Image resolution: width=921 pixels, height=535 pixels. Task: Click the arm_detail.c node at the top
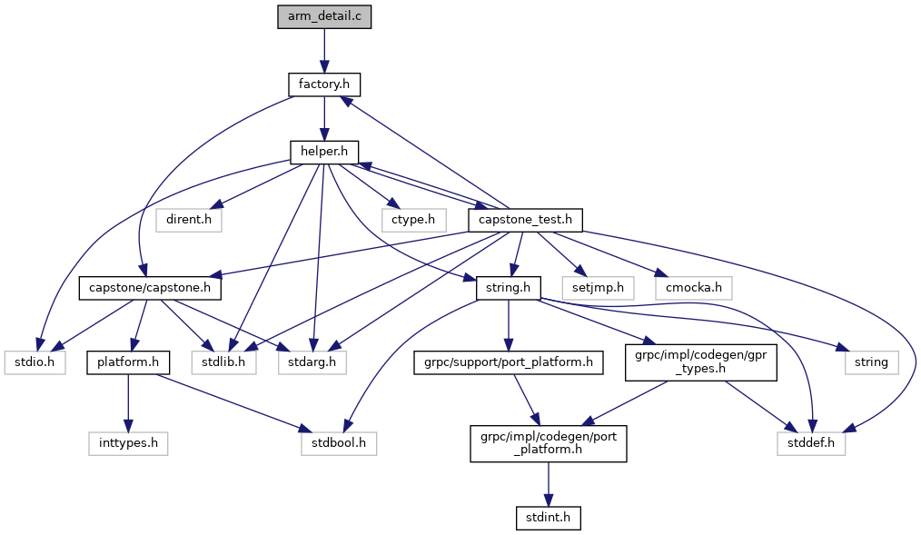tap(324, 17)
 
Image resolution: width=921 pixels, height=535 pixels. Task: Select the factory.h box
tap(324, 84)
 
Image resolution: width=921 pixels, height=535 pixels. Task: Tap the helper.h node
tap(324, 152)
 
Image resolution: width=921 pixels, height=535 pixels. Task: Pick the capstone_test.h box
tap(524, 219)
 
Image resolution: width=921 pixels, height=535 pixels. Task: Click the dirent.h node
tap(188, 219)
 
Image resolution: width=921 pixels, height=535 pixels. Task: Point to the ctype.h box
tap(413, 219)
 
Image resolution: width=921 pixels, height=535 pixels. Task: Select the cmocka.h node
tap(693, 287)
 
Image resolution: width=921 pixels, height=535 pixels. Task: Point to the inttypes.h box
tap(128, 443)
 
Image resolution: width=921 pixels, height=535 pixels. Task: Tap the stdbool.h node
tap(338, 443)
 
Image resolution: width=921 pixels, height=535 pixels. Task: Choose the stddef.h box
tap(810, 443)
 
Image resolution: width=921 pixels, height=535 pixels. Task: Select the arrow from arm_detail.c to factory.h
tap(324, 51)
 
